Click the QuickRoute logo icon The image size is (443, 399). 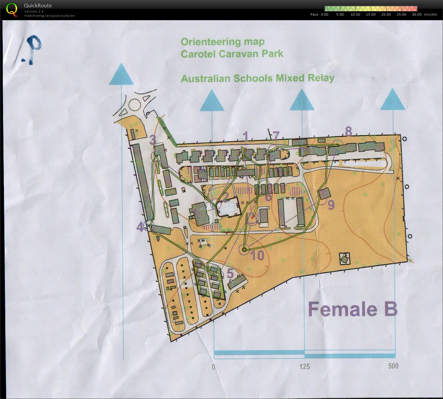pos(12,9)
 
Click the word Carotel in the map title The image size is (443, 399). pos(198,54)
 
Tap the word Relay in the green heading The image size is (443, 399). pos(321,78)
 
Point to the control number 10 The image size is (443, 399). pos(257,255)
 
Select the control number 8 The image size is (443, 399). pos(348,131)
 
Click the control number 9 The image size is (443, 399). pos(331,205)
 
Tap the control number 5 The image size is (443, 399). pos(230,273)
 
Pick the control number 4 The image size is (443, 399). pos(140,227)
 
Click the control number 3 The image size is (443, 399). pos(153,140)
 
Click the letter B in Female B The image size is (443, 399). pos(391,309)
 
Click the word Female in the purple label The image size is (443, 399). pos(343,309)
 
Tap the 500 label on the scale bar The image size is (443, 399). pos(393,366)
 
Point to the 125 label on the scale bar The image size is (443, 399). pos(304,366)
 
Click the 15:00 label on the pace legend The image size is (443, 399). pos(370,14)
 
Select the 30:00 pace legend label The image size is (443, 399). pos(417,14)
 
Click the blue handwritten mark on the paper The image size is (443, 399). pos(32,49)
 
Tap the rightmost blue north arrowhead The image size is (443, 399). pos(393,100)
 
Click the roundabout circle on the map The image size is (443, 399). pos(135,105)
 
